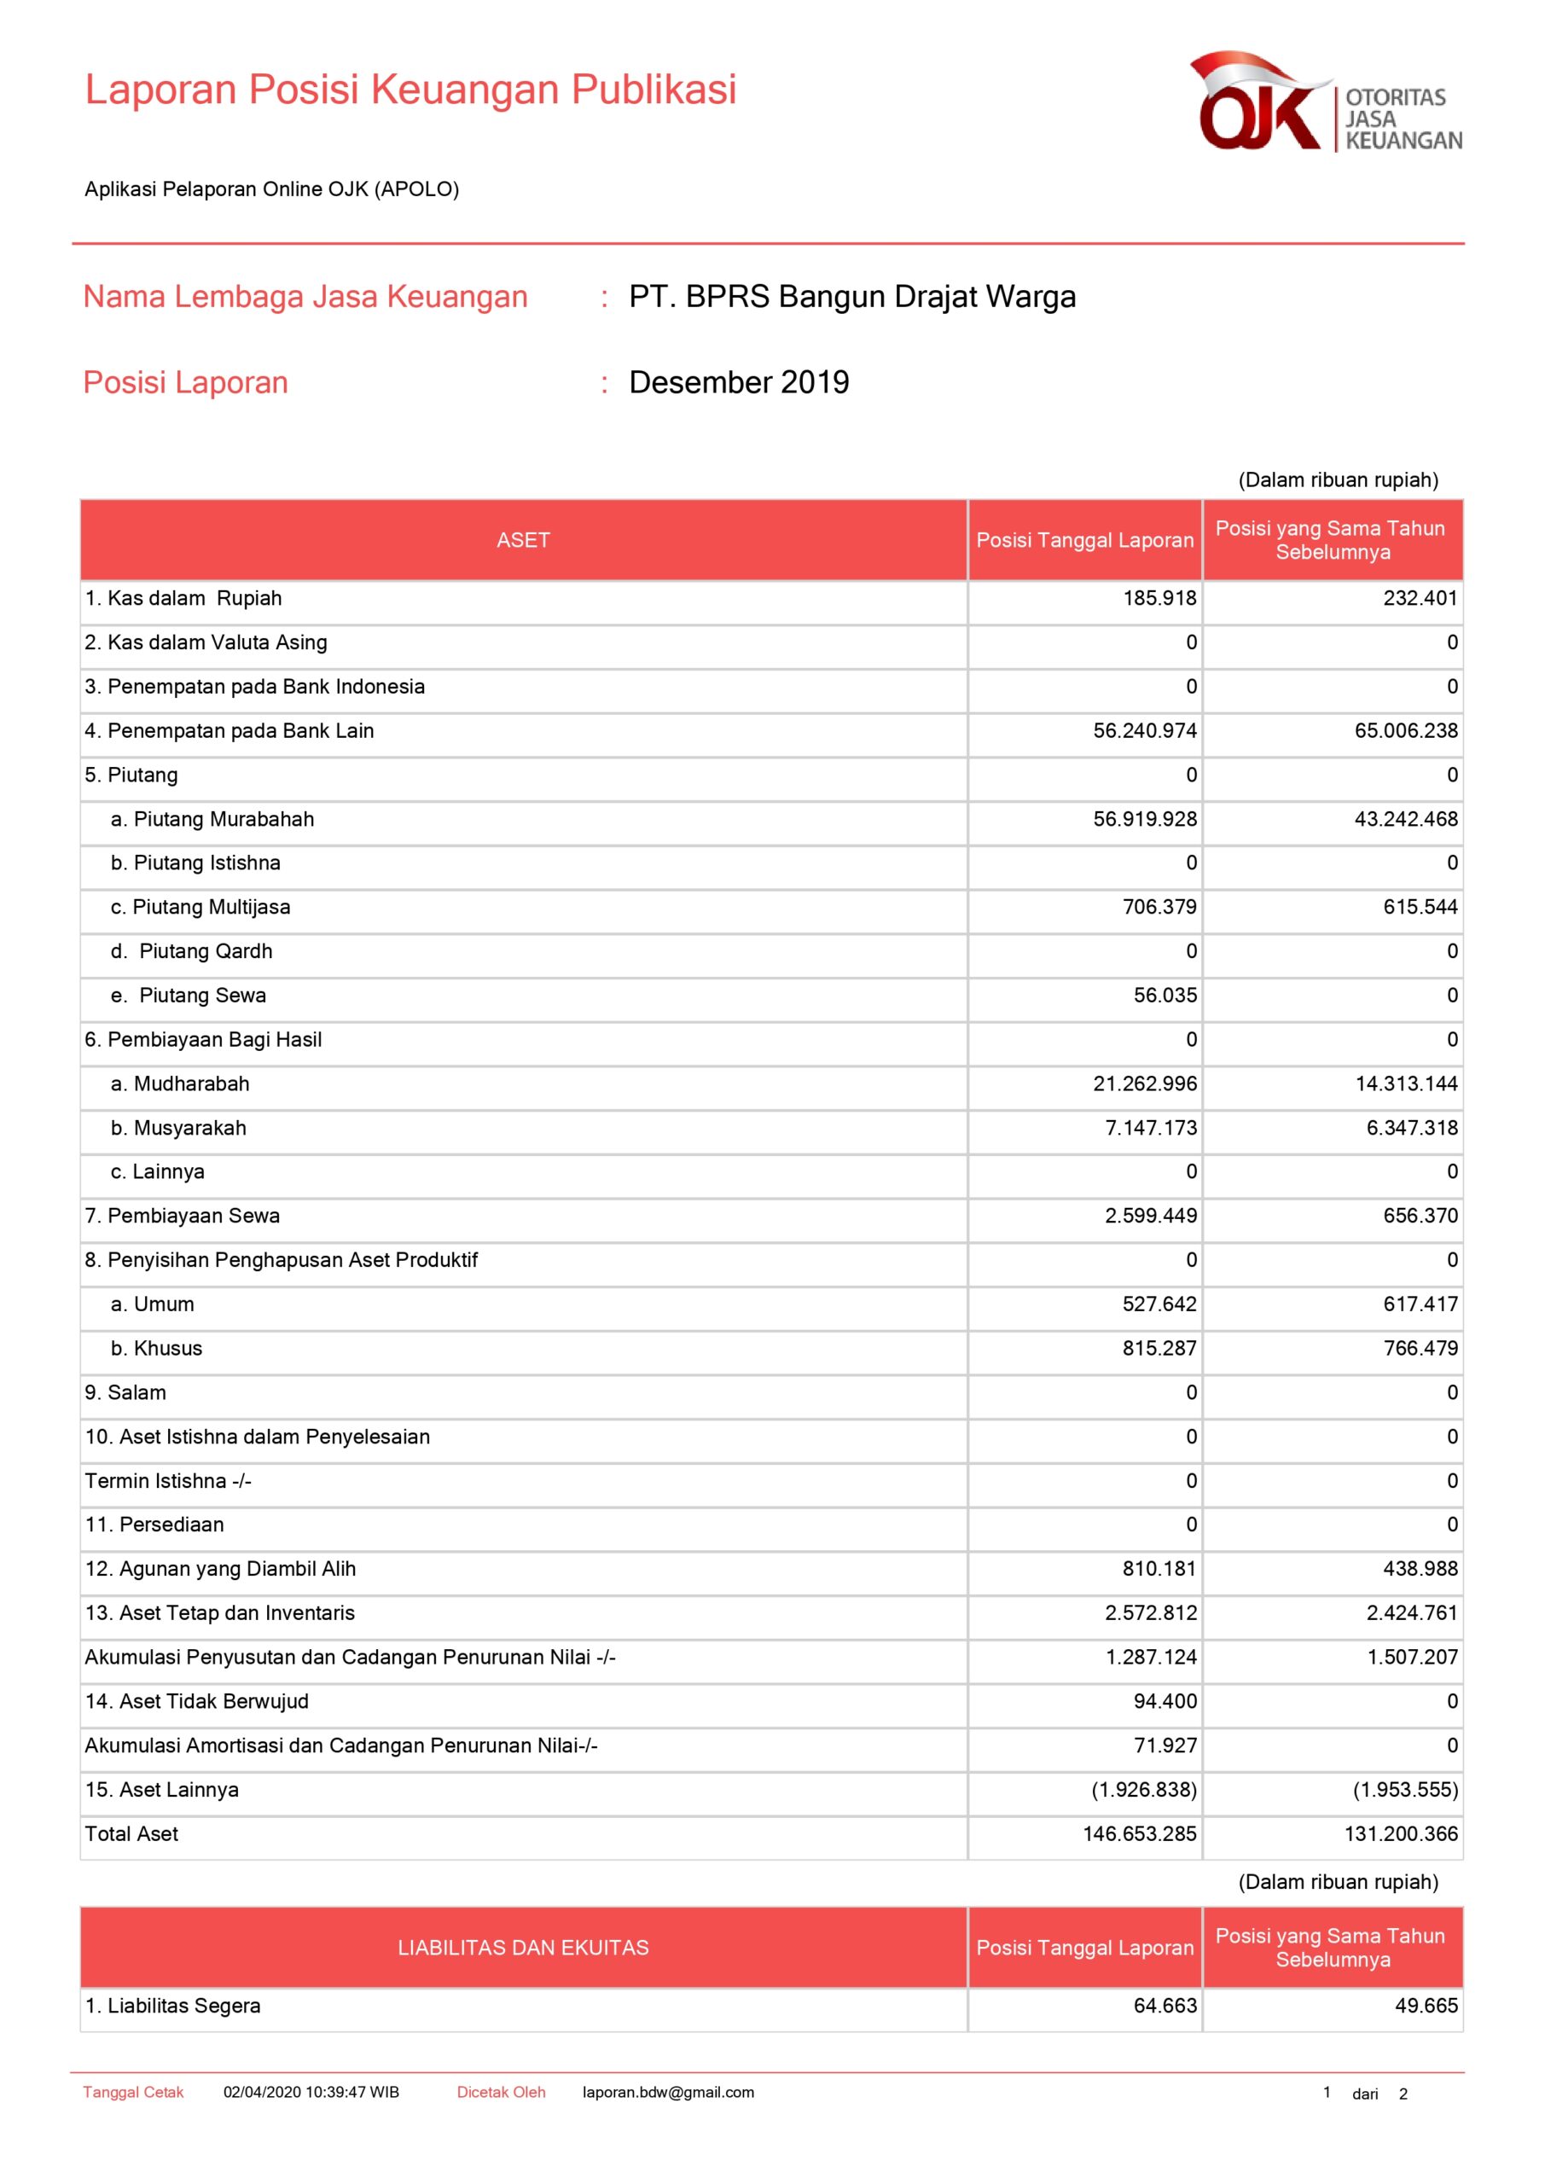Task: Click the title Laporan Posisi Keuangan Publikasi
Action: click(410, 90)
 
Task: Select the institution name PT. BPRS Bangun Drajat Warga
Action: click(851, 297)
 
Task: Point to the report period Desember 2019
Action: click(738, 382)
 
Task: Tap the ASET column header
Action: click(523, 540)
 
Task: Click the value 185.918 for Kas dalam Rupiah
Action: click(1159, 598)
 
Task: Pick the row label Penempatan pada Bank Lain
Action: click(240, 730)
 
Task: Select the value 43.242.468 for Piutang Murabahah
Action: click(1405, 819)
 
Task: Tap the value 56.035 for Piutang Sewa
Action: click(1165, 995)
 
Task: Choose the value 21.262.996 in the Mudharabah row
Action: click(1145, 1083)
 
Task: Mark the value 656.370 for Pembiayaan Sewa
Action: click(1420, 1216)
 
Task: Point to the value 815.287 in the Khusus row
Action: click(1159, 1348)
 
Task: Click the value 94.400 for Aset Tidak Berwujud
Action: click(1165, 1701)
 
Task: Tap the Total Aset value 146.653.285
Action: click(1139, 1834)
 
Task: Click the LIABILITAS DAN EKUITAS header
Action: click(523, 1948)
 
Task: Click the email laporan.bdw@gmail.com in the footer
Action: click(668, 2092)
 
